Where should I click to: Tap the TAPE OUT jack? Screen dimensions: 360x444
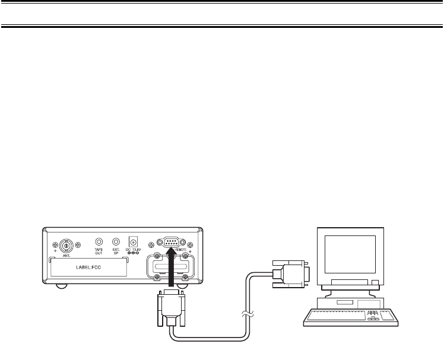pyautogui.click(x=99, y=242)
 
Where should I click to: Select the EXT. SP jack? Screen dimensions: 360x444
pyautogui.click(x=116, y=242)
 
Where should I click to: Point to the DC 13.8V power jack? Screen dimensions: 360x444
pyautogui.click(x=134, y=243)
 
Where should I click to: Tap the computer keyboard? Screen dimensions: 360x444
pyautogui.click(x=350, y=318)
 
